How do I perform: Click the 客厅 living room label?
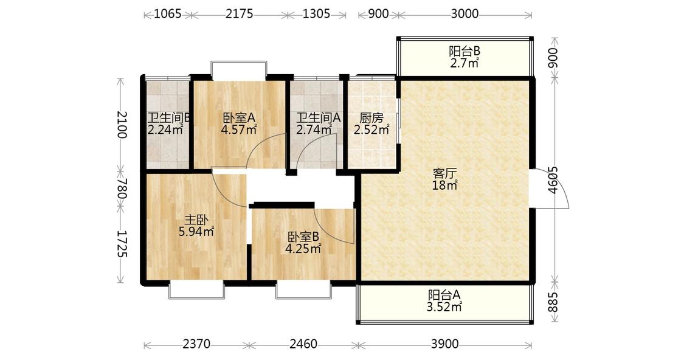pos(444,173)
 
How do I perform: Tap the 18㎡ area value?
pos(444,185)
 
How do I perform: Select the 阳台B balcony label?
pos(465,51)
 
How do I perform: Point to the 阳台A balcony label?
pos(444,295)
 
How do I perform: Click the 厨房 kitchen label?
pos(371,118)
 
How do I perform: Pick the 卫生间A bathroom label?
pos(319,118)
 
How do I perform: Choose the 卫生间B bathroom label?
pos(168,118)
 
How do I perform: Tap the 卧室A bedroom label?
pos(239,118)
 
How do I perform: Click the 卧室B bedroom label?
pos(303,237)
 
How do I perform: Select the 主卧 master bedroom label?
pos(196,220)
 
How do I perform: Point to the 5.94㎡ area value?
pos(196,232)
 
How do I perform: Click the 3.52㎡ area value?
pos(444,307)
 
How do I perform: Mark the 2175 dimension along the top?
pos(239,14)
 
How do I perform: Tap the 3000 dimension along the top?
pos(465,14)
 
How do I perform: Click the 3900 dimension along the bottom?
pos(444,344)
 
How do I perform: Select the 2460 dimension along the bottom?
pos(303,344)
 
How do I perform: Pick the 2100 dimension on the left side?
pos(122,125)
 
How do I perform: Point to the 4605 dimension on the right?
pos(553,180)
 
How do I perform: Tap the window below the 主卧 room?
pos(196,290)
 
